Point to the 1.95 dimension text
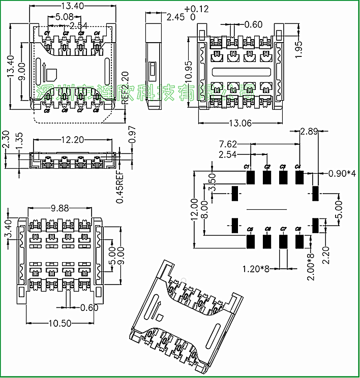[x=299, y=49]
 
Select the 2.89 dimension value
[x=309, y=132]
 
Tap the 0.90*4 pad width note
[x=342, y=173]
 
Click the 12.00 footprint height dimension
[x=194, y=208]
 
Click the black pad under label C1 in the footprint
[x=250, y=177]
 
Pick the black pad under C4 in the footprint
[x=299, y=177]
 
